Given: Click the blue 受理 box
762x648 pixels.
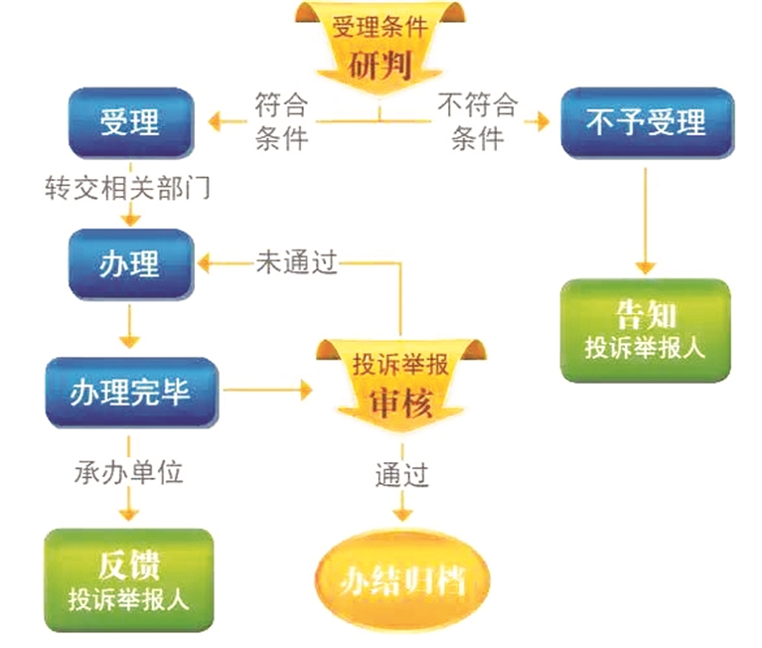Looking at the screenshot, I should coord(128,123).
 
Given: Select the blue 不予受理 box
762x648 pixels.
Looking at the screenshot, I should coord(647,123).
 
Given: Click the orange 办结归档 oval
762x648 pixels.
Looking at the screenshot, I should coord(402,581).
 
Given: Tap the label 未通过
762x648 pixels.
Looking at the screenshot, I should coord(296,262).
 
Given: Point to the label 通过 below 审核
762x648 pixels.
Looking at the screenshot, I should coord(401,475).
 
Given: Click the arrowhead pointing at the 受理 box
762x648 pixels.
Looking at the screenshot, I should coord(213,123).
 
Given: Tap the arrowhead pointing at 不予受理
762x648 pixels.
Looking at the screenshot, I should coord(540,123).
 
